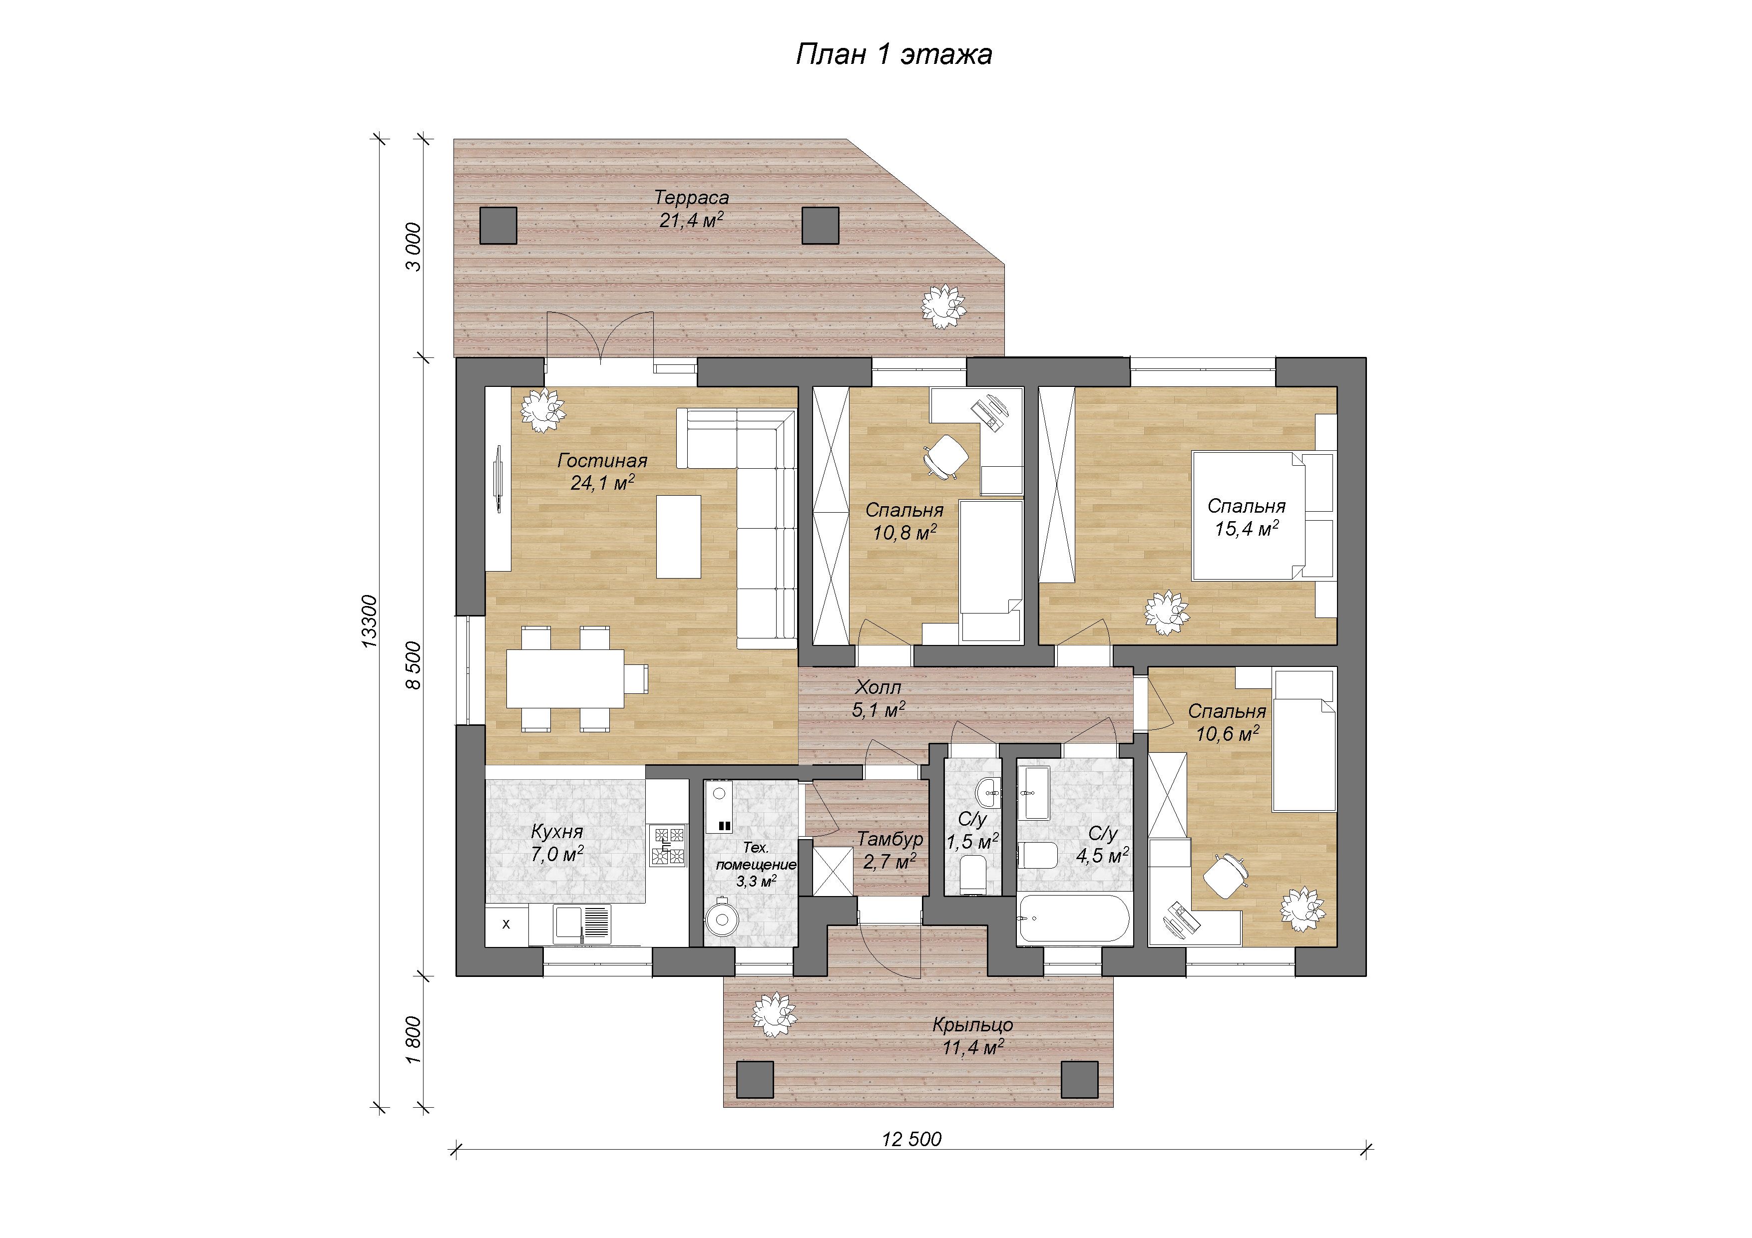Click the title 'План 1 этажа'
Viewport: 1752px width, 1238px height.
coord(893,54)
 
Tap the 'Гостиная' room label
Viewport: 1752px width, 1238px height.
coord(602,461)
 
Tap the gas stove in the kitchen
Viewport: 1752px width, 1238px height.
coord(668,846)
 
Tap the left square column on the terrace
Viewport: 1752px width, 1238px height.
coord(498,225)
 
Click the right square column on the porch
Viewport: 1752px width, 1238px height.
coord(1080,1079)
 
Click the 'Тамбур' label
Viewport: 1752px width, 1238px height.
coord(890,839)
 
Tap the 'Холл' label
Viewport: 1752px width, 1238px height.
coord(878,687)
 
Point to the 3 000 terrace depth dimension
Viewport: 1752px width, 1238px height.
coord(413,247)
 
